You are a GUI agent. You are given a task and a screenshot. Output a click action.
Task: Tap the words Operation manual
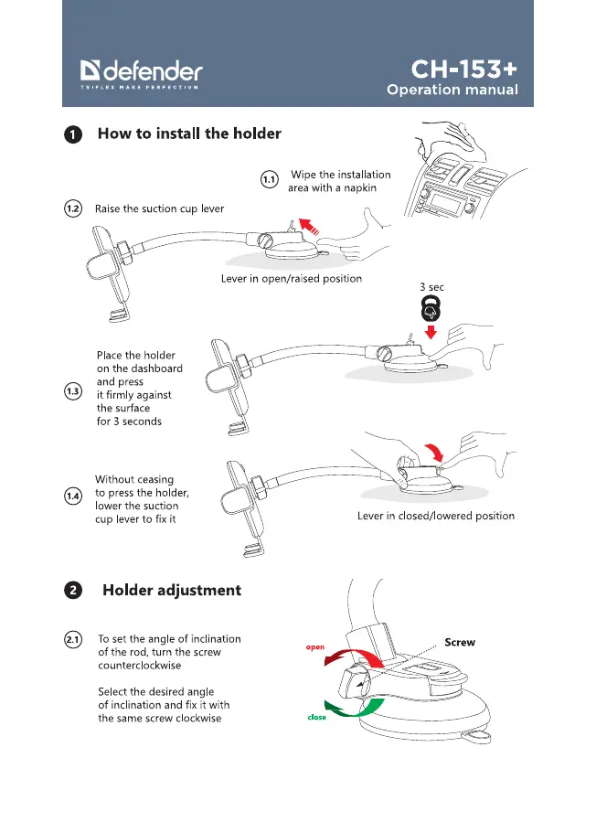452,91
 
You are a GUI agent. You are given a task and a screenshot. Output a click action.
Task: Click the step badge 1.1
269,180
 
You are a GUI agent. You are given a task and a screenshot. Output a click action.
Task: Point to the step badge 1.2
73,209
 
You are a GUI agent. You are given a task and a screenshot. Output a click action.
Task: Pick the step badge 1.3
73,392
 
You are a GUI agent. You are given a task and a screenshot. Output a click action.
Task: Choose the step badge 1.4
73,496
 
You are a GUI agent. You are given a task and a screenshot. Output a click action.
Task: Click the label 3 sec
431,287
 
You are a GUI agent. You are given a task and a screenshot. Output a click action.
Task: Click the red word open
315,647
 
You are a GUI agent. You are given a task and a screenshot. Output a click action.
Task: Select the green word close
316,717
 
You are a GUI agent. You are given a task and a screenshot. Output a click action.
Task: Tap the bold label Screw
459,643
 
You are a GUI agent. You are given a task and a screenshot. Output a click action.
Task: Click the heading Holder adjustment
172,591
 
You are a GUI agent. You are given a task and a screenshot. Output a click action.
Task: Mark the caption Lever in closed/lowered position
435,516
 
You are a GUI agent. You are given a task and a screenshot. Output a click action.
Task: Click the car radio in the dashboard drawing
454,200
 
